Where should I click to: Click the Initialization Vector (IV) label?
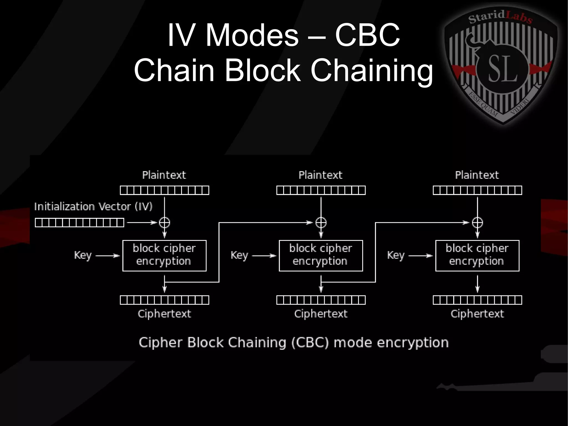click(x=93, y=206)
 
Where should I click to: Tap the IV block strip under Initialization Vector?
click(x=79, y=223)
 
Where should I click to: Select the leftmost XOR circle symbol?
click(x=164, y=223)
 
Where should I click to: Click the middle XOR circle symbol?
click(x=321, y=223)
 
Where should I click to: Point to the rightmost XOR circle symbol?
click(x=477, y=223)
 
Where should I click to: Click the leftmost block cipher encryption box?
click(x=164, y=256)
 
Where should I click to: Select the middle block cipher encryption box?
click(x=321, y=256)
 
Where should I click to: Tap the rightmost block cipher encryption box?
click(x=477, y=256)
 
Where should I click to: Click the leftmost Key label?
click(x=83, y=255)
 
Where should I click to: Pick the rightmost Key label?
click(x=396, y=255)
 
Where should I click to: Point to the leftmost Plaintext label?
click(x=164, y=175)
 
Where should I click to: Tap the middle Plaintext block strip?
click(x=321, y=190)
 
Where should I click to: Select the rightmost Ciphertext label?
click(x=477, y=314)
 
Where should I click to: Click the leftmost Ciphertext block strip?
click(x=164, y=300)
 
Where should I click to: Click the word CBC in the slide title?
click(x=367, y=35)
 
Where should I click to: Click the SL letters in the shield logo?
click(x=502, y=69)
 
